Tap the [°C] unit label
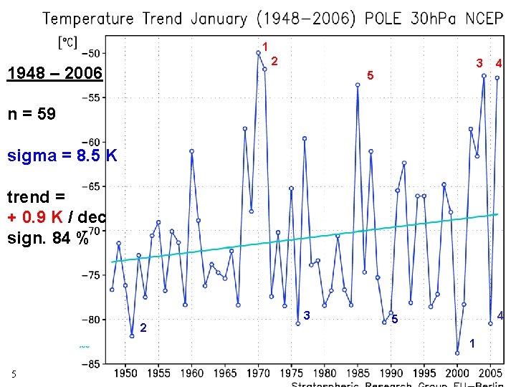[x=69, y=42]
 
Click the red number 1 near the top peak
[x=264, y=47]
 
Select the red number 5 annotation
[x=369, y=75]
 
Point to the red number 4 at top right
[x=498, y=64]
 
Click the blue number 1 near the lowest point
[x=472, y=344]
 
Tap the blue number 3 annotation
[x=306, y=316]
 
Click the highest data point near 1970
[x=258, y=52]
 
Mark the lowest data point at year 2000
[x=457, y=353]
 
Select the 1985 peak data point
[x=358, y=85]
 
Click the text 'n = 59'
[x=32, y=113]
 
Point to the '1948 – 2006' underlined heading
[x=54, y=73]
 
